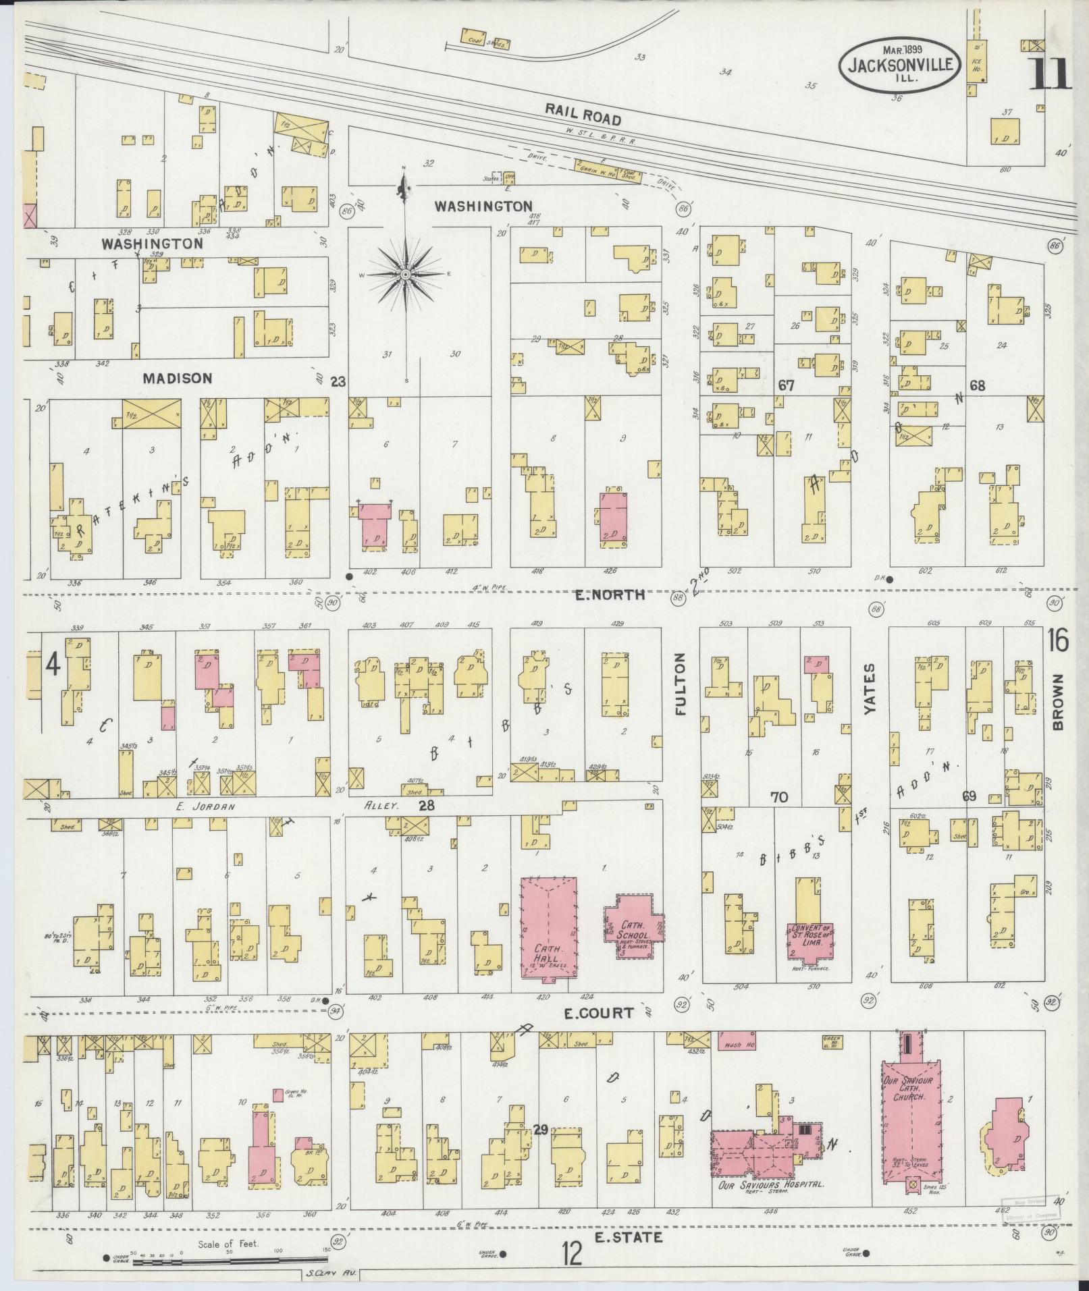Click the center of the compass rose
(405, 275)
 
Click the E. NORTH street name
(610, 595)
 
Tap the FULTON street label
(680, 683)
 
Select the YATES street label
(870, 690)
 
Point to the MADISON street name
(178, 379)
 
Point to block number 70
(779, 798)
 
